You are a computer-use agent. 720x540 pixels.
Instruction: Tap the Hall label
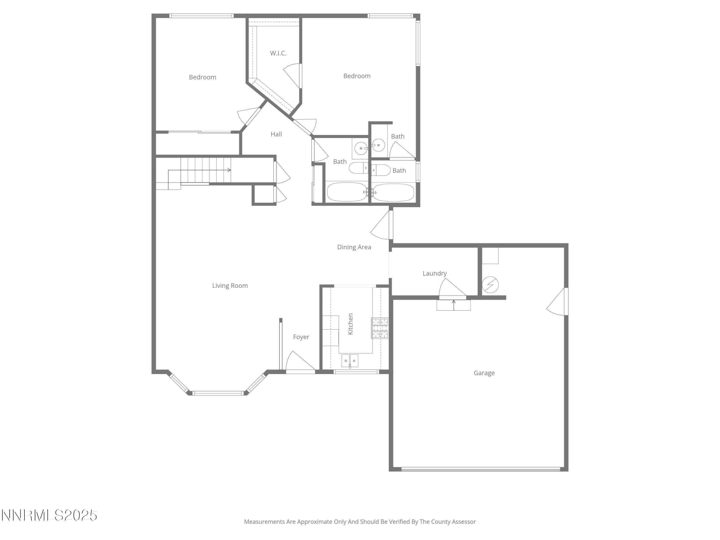(276, 134)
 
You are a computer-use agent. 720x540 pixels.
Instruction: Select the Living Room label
(230, 286)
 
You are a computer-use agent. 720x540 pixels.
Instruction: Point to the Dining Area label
(354, 247)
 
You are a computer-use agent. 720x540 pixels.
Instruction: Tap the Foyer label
(301, 337)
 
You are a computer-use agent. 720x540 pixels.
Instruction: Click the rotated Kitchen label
(350, 324)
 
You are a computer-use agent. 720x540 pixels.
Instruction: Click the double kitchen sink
(350, 361)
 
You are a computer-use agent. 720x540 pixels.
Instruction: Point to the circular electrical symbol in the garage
(490, 284)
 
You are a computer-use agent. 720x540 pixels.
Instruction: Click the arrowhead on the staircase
(229, 170)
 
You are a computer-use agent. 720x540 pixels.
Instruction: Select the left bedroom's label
(203, 77)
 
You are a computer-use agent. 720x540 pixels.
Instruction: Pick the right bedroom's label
(357, 76)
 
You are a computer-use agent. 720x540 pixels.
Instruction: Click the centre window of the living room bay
(218, 393)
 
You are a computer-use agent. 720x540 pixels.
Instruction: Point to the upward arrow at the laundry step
(453, 303)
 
